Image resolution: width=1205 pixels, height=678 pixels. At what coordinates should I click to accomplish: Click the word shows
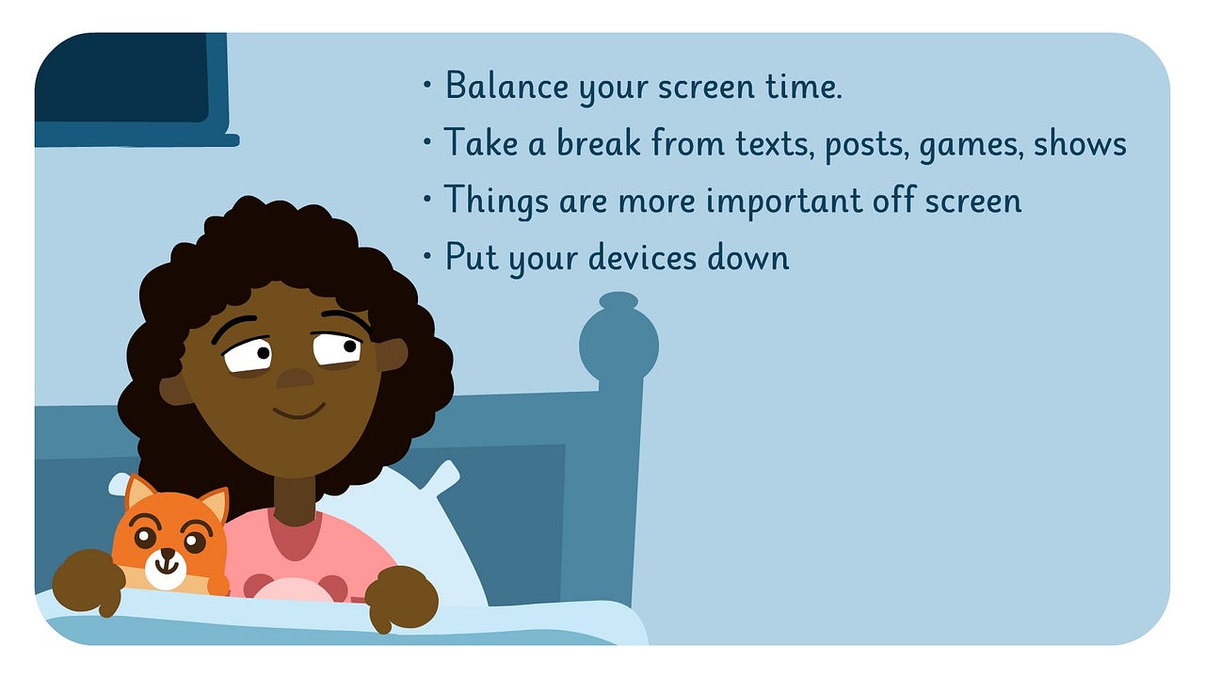click(x=1080, y=143)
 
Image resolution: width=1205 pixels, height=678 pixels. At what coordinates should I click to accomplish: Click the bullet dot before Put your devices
click(x=427, y=254)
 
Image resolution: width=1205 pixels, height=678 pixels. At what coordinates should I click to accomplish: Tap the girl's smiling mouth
click(x=298, y=411)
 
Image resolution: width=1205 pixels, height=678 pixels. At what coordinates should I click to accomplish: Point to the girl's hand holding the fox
click(x=88, y=580)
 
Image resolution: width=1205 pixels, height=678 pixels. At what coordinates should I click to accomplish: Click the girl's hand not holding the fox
click(x=401, y=596)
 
